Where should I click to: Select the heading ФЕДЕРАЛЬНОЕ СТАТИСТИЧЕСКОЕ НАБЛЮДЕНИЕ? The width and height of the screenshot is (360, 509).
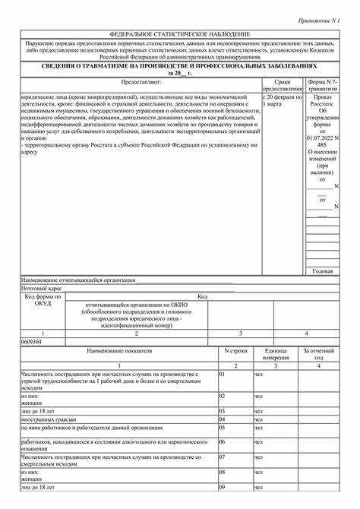(x=180, y=35)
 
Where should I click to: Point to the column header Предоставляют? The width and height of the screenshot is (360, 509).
(x=141, y=82)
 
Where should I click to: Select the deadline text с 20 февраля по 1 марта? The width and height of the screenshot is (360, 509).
(x=282, y=102)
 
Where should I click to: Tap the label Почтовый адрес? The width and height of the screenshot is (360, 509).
(x=43, y=289)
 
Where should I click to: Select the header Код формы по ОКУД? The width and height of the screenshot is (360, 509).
(x=43, y=300)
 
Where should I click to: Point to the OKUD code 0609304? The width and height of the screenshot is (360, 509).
(x=32, y=343)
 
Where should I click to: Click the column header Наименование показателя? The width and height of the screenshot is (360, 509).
(x=119, y=352)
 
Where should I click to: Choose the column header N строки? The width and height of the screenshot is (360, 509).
(x=236, y=352)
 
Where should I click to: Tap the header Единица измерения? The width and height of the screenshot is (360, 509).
(x=275, y=355)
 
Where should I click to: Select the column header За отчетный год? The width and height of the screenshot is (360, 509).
(x=318, y=355)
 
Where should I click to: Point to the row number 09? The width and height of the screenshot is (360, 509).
(x=223, y=487)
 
